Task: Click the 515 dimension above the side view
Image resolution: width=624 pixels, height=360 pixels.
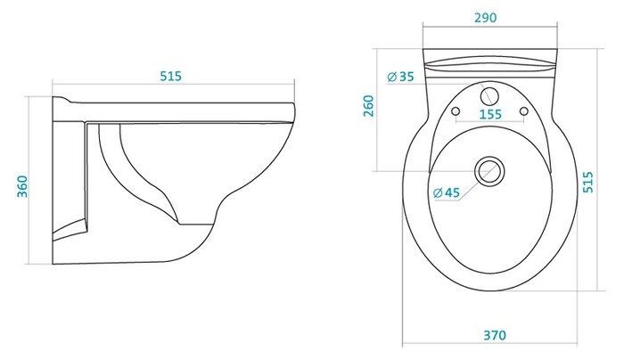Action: [x=171, y=76]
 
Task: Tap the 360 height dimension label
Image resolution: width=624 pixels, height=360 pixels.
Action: [x=22, y=186]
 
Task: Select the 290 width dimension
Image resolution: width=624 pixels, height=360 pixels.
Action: [x=486, y=18]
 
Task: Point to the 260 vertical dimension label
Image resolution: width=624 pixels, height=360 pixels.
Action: [x=369, y=106]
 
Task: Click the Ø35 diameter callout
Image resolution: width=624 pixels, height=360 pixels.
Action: [x=401, y=77]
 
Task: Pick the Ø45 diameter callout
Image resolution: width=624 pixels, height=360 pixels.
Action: [x=447, y=193]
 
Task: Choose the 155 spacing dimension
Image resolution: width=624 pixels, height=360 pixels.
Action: [x=490, y=115]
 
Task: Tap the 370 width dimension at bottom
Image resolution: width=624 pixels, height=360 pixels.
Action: [x=495, y=335]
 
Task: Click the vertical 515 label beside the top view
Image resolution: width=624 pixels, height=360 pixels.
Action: [x=587, y=182]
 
